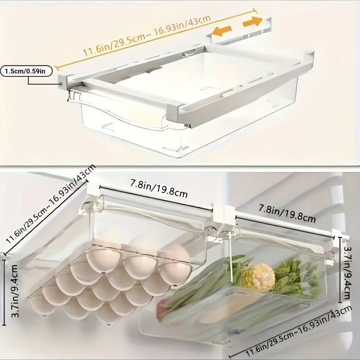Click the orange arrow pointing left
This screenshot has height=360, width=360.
click(221, 31)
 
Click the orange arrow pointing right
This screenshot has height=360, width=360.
click(252, 22)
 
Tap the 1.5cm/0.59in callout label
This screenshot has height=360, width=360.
click(27, 71)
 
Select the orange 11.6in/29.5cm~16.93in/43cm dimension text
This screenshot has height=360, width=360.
click(147, 36)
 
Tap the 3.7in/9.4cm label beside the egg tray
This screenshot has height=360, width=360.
click(14, 291)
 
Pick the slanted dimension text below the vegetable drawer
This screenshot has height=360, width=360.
click(298, 333)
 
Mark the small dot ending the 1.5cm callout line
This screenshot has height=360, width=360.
click(61, 84)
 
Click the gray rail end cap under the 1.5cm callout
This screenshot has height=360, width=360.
click(63, 83)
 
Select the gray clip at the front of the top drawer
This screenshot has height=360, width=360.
click(173, 113)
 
